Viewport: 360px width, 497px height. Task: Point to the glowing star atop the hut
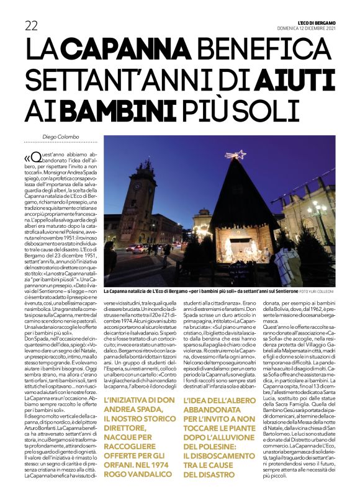point(235,154)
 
